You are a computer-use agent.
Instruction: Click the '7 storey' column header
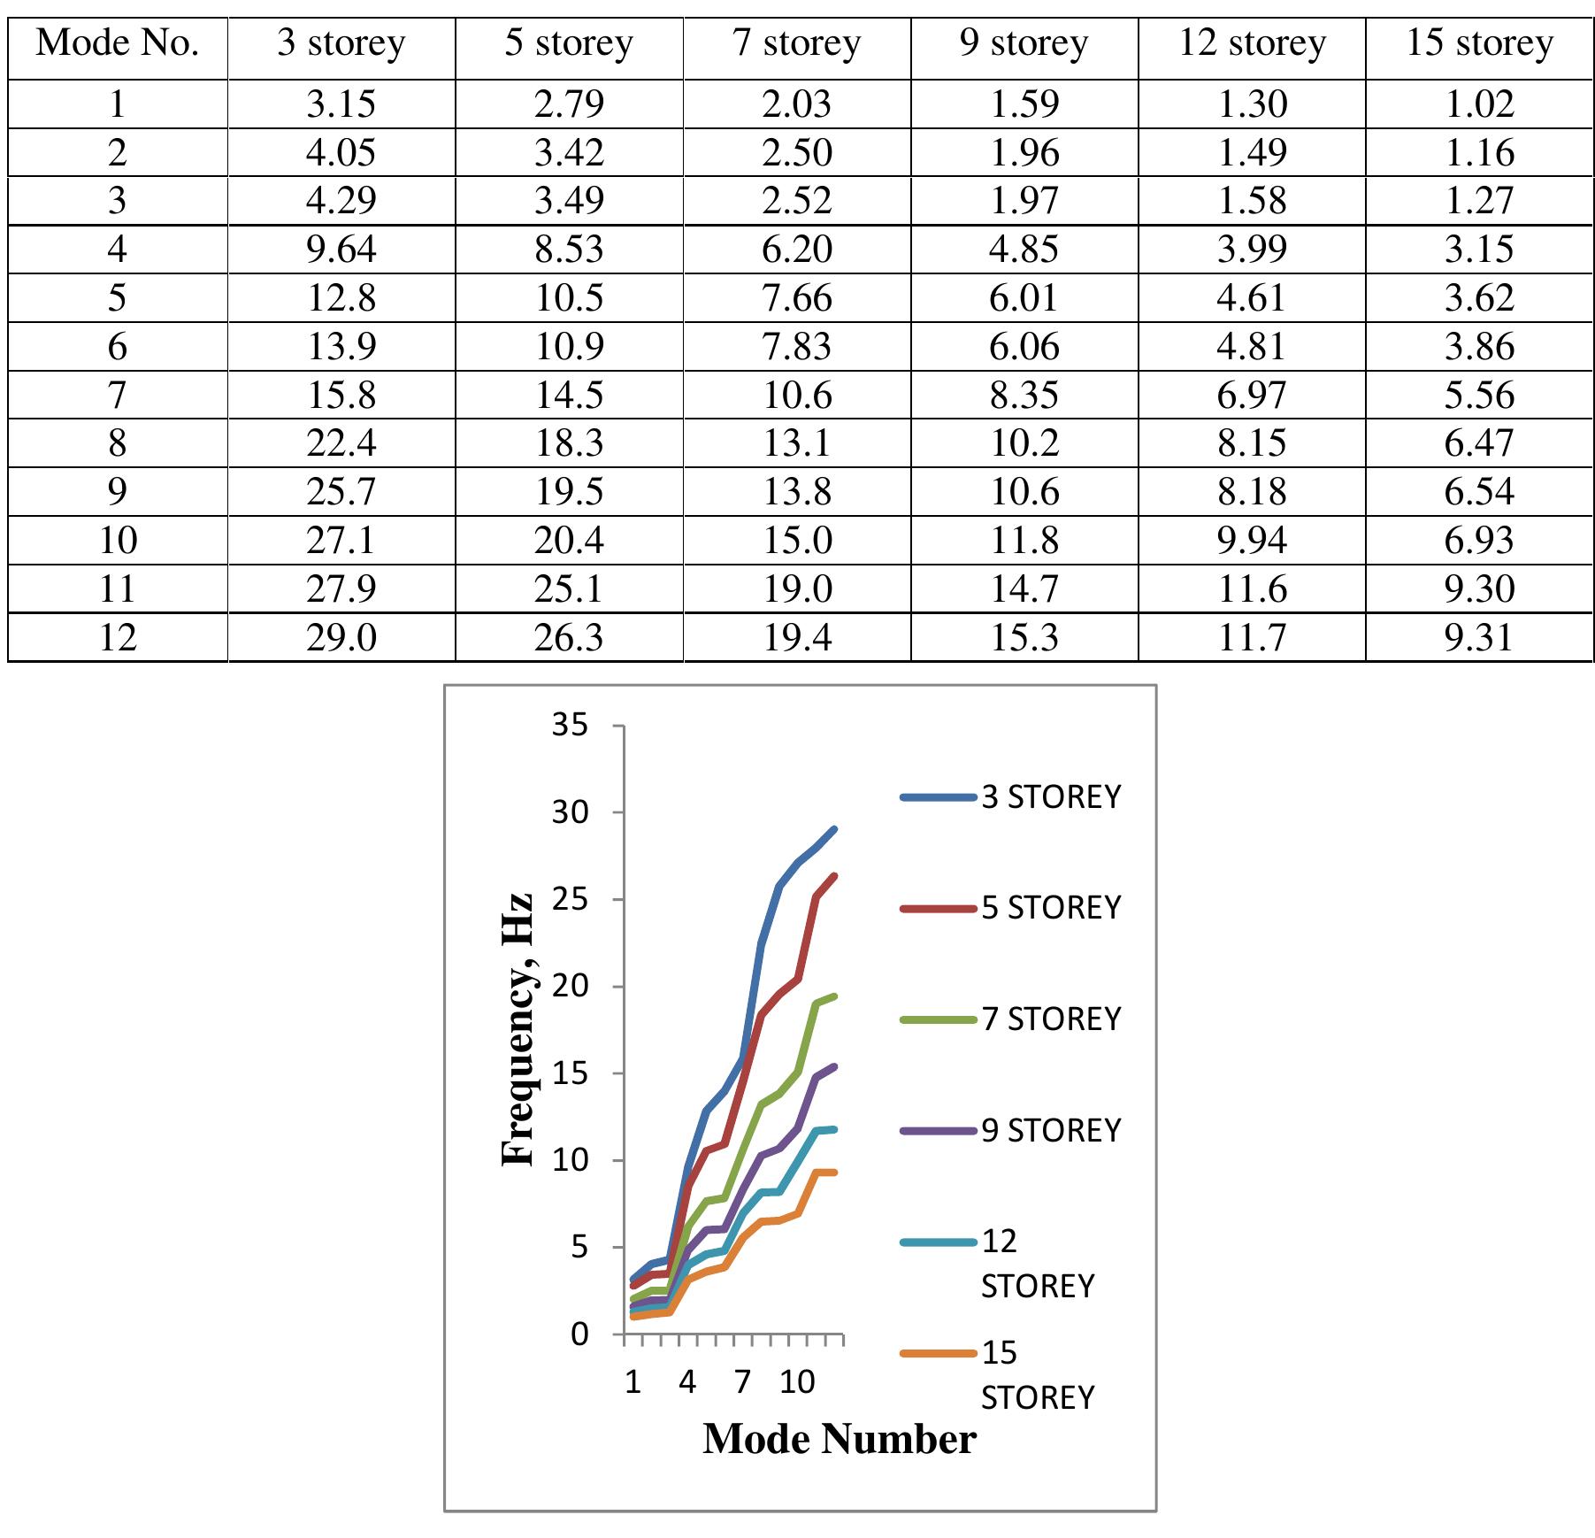pyautogui.click(x=796, y=43)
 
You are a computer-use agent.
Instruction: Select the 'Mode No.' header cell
pyautogui.click(x=117, y=43)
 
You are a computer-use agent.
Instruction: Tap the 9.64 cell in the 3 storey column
pyautogui.click(x=341, y=250)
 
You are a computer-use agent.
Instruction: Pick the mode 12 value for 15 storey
pyautogui.click(x=1479, y=637)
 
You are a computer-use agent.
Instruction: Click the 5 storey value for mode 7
pyautogui.click(x=569, y=395)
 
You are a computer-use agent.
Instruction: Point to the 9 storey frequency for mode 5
pyautogui.click(x=1024, y=298)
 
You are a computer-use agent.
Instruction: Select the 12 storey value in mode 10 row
pyautogui.click(x=1252, y=540)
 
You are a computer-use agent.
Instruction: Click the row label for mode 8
pyautogui.click(x=117, y=442)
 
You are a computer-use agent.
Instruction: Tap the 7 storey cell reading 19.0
pyautogui.click(x=796, y=588)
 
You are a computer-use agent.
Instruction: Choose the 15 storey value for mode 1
pyautogui.click(x=1479, y=104)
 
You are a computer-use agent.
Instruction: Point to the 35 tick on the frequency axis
pyautogui.click(x=570, y=726)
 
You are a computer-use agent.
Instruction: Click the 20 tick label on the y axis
pyautogui.click(x=570, y=986)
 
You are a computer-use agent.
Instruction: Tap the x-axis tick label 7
pyautogui.click(x=741, y=1381)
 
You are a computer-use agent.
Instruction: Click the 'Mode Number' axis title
pyautogui.click(x=839, y=1440)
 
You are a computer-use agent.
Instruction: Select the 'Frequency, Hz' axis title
pyautogui.click(x=518, y=1030)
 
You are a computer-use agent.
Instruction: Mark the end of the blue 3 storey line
pyautogui.click(x=834, y=829)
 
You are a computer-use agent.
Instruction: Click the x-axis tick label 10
pyautogui.click(x=796, y=1381)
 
